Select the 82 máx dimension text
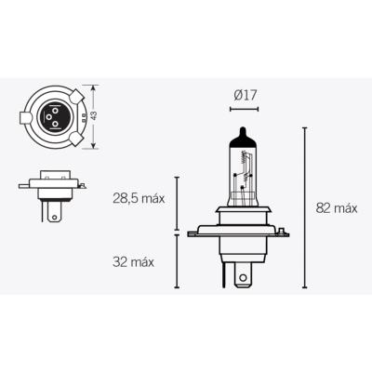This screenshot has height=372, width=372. click(x=336, y=208)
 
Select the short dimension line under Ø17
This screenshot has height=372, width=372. click(x=245, y=109)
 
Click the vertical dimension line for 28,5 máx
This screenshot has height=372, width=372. click(x=178, y=202)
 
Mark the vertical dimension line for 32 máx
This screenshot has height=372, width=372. click(x=178, y=260)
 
